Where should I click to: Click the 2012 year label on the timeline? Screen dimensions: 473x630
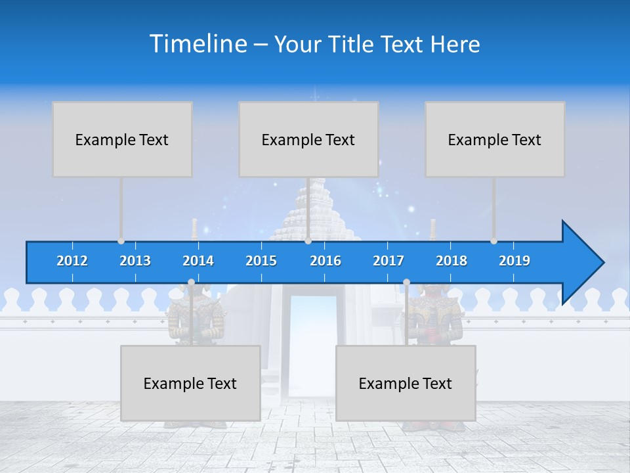72,261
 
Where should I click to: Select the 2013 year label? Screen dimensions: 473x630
135,261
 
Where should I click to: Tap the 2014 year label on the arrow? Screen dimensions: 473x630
198,261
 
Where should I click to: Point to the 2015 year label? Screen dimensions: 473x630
261,261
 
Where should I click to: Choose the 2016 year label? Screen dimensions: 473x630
325,261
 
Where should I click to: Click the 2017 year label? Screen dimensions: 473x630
388,261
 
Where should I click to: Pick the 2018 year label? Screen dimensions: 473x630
451,261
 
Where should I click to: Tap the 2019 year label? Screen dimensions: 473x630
514,261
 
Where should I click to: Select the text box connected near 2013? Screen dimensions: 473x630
122,139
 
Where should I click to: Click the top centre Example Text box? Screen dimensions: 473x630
308,139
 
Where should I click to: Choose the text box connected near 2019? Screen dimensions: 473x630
495,139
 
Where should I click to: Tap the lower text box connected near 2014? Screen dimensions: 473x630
190,383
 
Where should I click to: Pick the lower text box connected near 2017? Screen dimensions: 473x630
406,383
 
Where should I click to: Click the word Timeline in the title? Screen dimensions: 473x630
197,44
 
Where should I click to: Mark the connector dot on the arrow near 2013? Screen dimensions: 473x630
121,241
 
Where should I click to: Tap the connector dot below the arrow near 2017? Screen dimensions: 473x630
406,282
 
